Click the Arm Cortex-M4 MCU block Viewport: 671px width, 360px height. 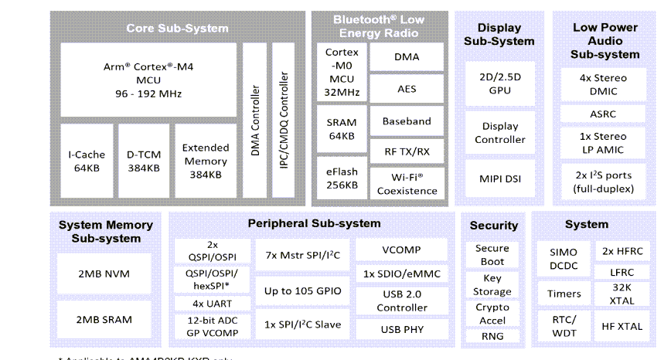click(148, 80)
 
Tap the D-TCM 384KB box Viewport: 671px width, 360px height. click(144, 161)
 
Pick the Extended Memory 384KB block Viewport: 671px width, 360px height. click(205, 161)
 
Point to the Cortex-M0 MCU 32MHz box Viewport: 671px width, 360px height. click(341, 73)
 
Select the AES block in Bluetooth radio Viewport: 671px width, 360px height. click(407, 89)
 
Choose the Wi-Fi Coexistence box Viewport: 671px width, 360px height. click(407, 183)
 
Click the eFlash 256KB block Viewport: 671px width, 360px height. click(341, 178)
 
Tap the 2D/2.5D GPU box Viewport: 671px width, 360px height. click(500, 83)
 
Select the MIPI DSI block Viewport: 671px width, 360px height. click(500, 179)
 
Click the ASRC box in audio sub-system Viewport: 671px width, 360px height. click(603, 114)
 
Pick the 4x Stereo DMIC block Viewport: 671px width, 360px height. click(603, 84)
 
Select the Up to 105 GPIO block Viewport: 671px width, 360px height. click(302, 291)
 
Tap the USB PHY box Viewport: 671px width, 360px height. click(401, 329)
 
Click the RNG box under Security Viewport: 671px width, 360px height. click(492, 335)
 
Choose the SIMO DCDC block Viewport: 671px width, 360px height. click(564, 259)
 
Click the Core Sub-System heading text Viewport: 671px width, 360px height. click(177, 29)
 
